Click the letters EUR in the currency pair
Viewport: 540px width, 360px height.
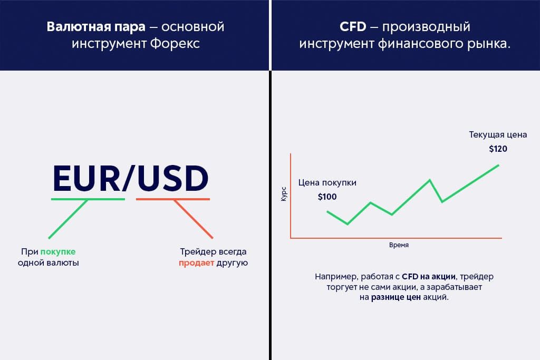pyautogui.click(x=86, y=179)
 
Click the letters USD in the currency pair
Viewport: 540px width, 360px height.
pyautogui.click(x=173, y=179)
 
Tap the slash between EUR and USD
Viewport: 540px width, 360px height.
pyautogui.click(x=129, y=179)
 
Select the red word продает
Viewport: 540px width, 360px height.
pyautogui.click(x=196, y=262)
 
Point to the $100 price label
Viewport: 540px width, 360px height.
pyautogui.click(x=327, y=197)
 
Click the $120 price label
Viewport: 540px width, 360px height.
pyautogui.click(x=498, y=149)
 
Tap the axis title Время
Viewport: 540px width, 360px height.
pyautogui.click(x=399, y=245)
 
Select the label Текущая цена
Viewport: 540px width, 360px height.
pyautogui.click(x=498, y=135)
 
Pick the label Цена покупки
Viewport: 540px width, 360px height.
pyautogui.click(x=327, y=183)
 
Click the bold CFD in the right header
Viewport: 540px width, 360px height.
pyautogui.click(x=353, y=26)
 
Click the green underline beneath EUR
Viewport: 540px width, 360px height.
pyautogui.click(x=88, y=199)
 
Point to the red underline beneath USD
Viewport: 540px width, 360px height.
pyautogui.click(x=173, y=199)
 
